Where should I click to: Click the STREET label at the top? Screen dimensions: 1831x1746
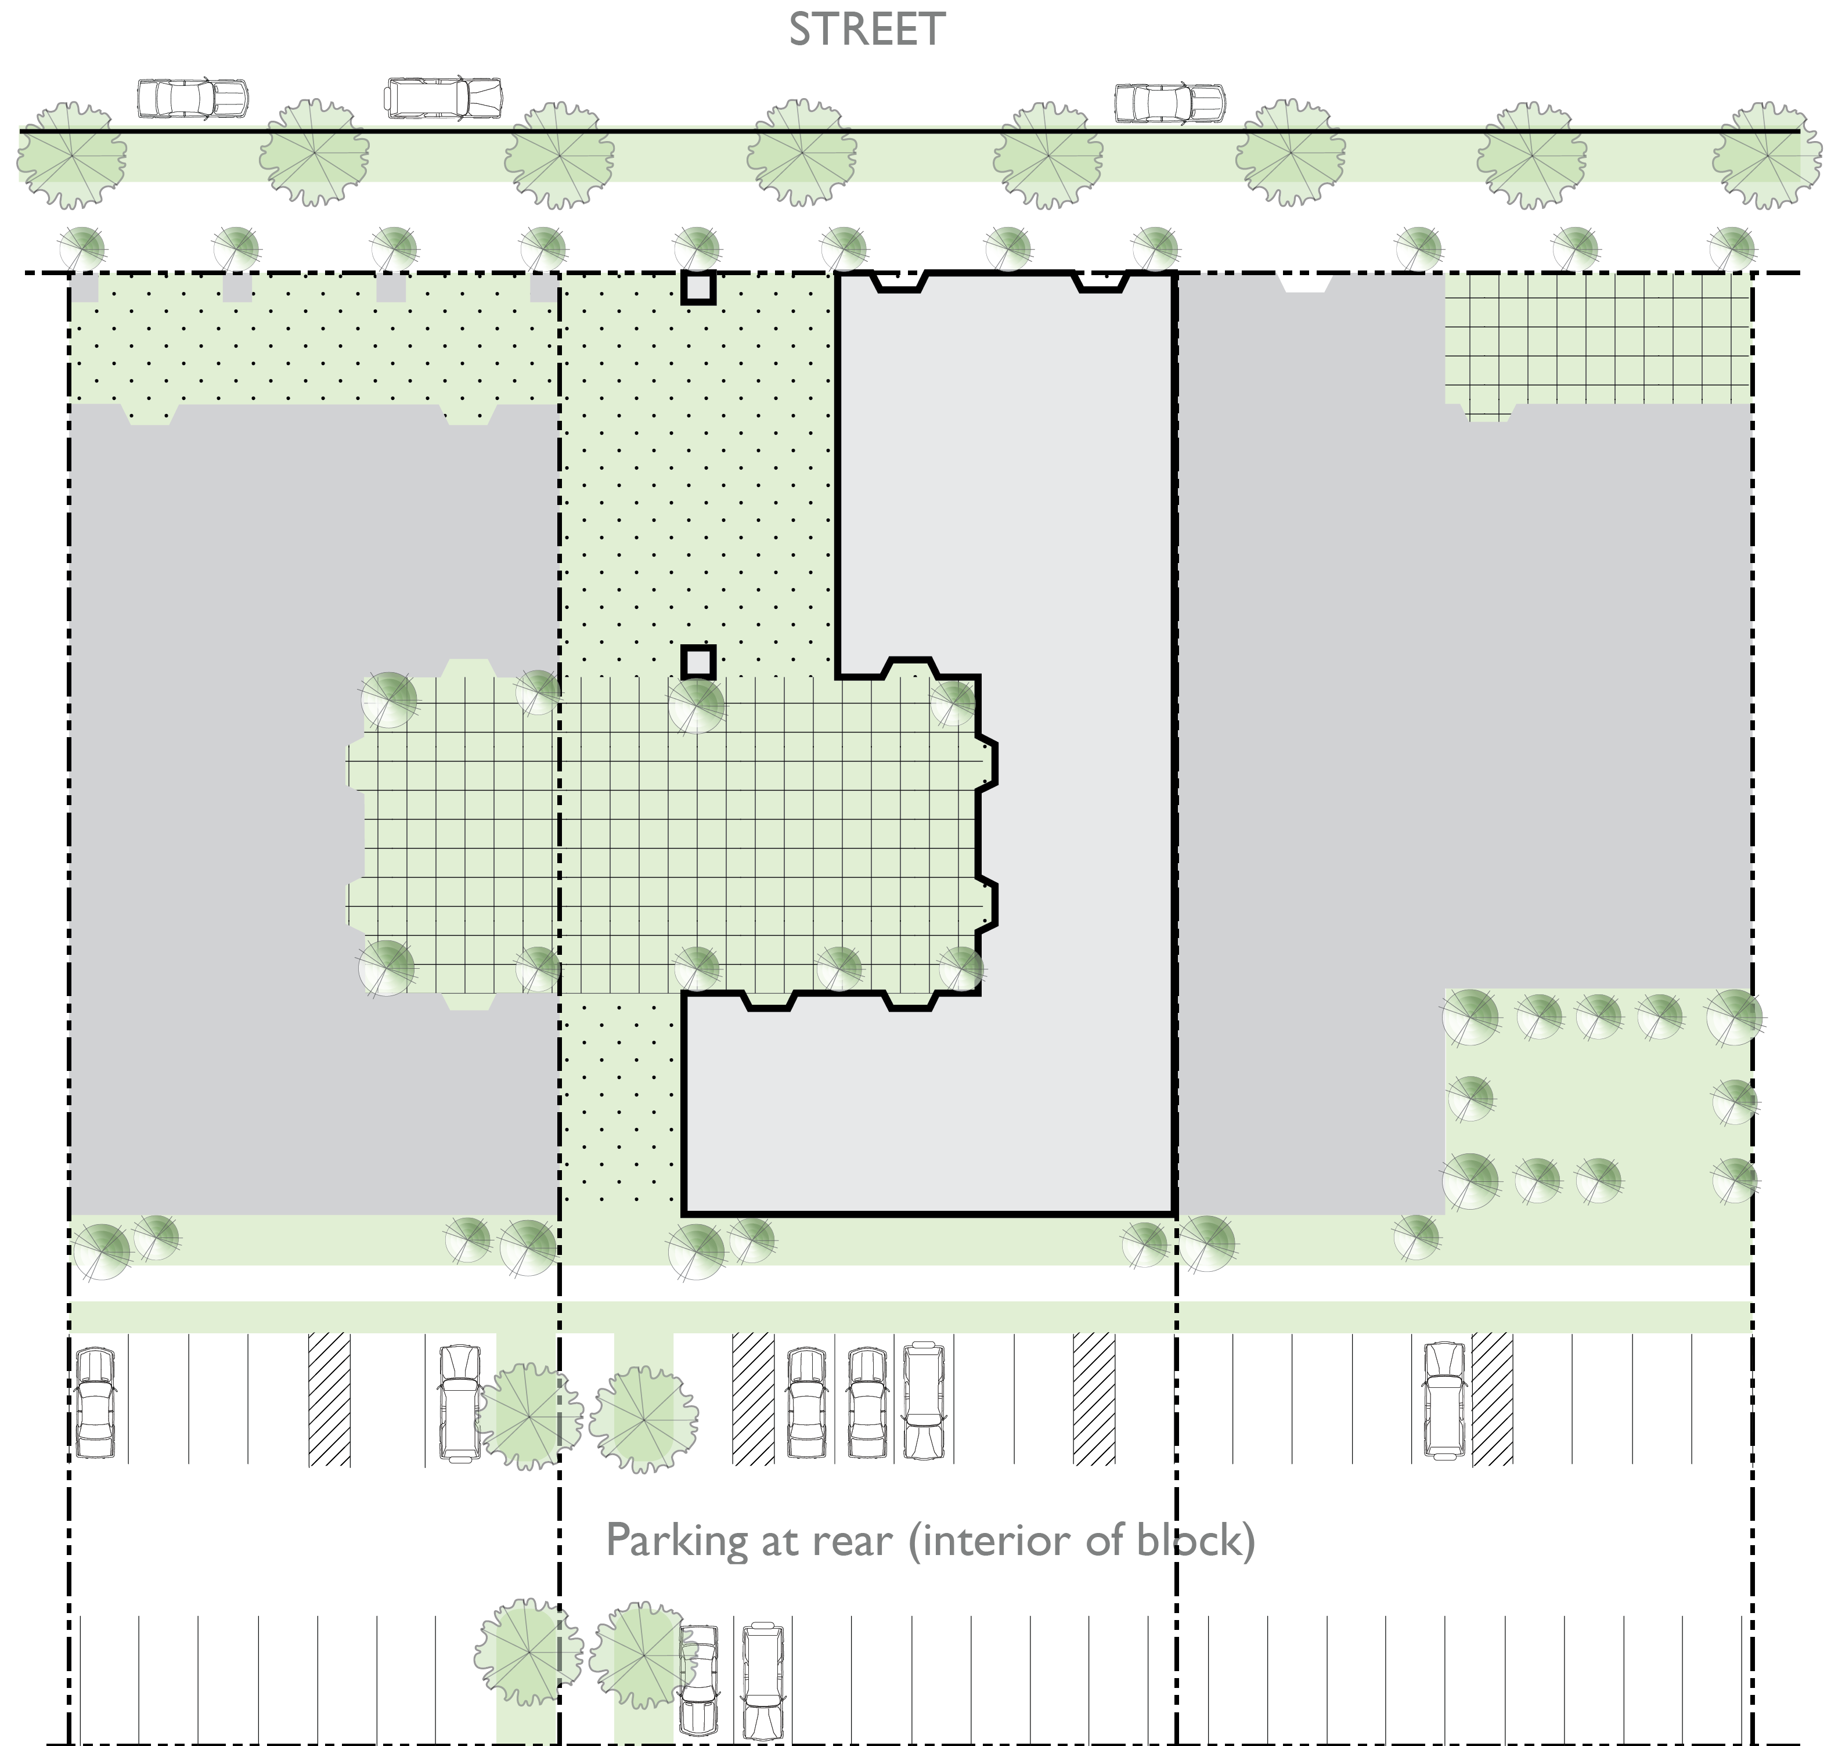click(867, 30)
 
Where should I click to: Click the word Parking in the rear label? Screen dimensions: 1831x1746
click(676, 1541)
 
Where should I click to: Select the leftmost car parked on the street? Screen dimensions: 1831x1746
click(193, 98)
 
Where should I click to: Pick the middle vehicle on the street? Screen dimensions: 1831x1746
click(444, 98)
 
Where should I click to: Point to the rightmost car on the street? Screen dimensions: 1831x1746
click(1169, 102)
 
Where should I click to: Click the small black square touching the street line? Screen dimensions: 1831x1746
click(698, 287)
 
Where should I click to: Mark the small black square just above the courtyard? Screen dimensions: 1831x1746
click(698, 662)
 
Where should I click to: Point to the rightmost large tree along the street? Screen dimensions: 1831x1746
click(1767, 154)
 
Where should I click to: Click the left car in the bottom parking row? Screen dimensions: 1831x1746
click(699, 1679)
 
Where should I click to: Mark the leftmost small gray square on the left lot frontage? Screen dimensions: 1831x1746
click(85, 287)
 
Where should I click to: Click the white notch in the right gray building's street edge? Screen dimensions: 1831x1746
click(1306, 283)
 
